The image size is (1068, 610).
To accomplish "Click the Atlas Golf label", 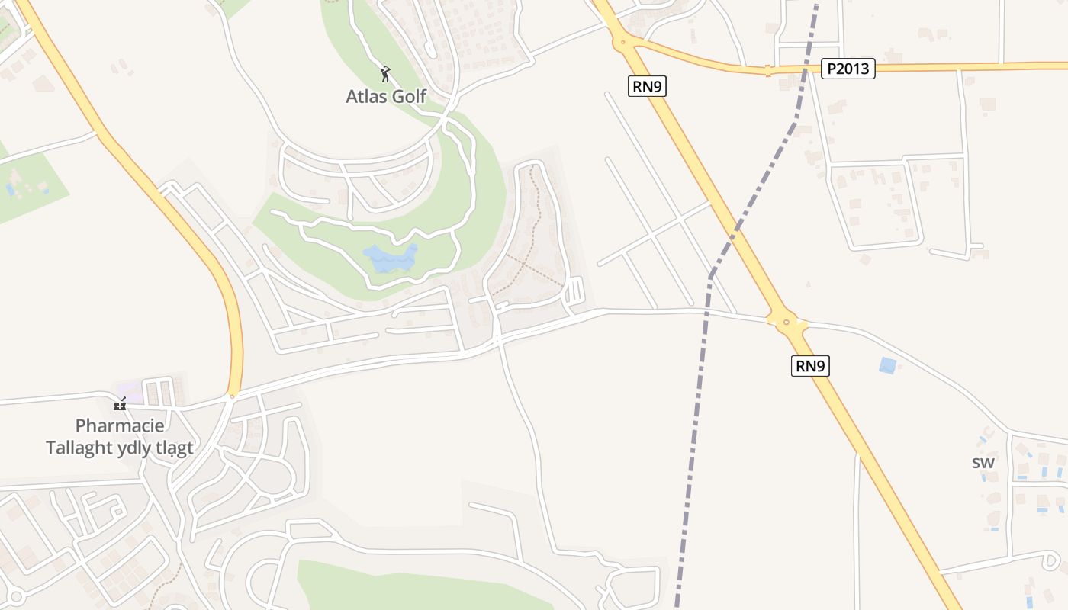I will [x=385, y=96].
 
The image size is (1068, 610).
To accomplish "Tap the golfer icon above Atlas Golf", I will [x=385, y=74].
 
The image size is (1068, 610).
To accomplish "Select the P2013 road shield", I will [x=848, y=69].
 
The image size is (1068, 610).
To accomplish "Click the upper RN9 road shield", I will [x=647, y=86].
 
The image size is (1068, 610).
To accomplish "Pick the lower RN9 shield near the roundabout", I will [x=809, y=366].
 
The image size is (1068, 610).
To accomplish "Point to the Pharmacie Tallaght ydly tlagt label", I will [x=120, y=437].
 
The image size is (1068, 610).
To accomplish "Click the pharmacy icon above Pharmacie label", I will [x=120, y=403].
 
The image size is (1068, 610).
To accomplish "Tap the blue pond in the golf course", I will [x=391, y=258].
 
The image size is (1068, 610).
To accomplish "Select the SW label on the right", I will [x=983, y=463].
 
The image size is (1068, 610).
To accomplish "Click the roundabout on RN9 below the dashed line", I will [x=787, y=323].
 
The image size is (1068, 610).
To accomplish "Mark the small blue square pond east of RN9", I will [x=887, y=365].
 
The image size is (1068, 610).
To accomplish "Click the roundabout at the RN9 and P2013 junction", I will [x=623, y=43].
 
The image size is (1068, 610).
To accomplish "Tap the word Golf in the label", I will [x=407, y=96].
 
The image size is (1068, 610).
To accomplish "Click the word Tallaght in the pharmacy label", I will [x=79, y=448].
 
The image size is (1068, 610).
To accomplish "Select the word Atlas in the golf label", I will [x=366, y=96].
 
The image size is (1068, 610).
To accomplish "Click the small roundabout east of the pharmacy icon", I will [x=233, y=396].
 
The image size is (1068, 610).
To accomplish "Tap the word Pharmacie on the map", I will [x=120, y=425].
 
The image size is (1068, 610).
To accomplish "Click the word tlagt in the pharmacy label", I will [x=175, y=448].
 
